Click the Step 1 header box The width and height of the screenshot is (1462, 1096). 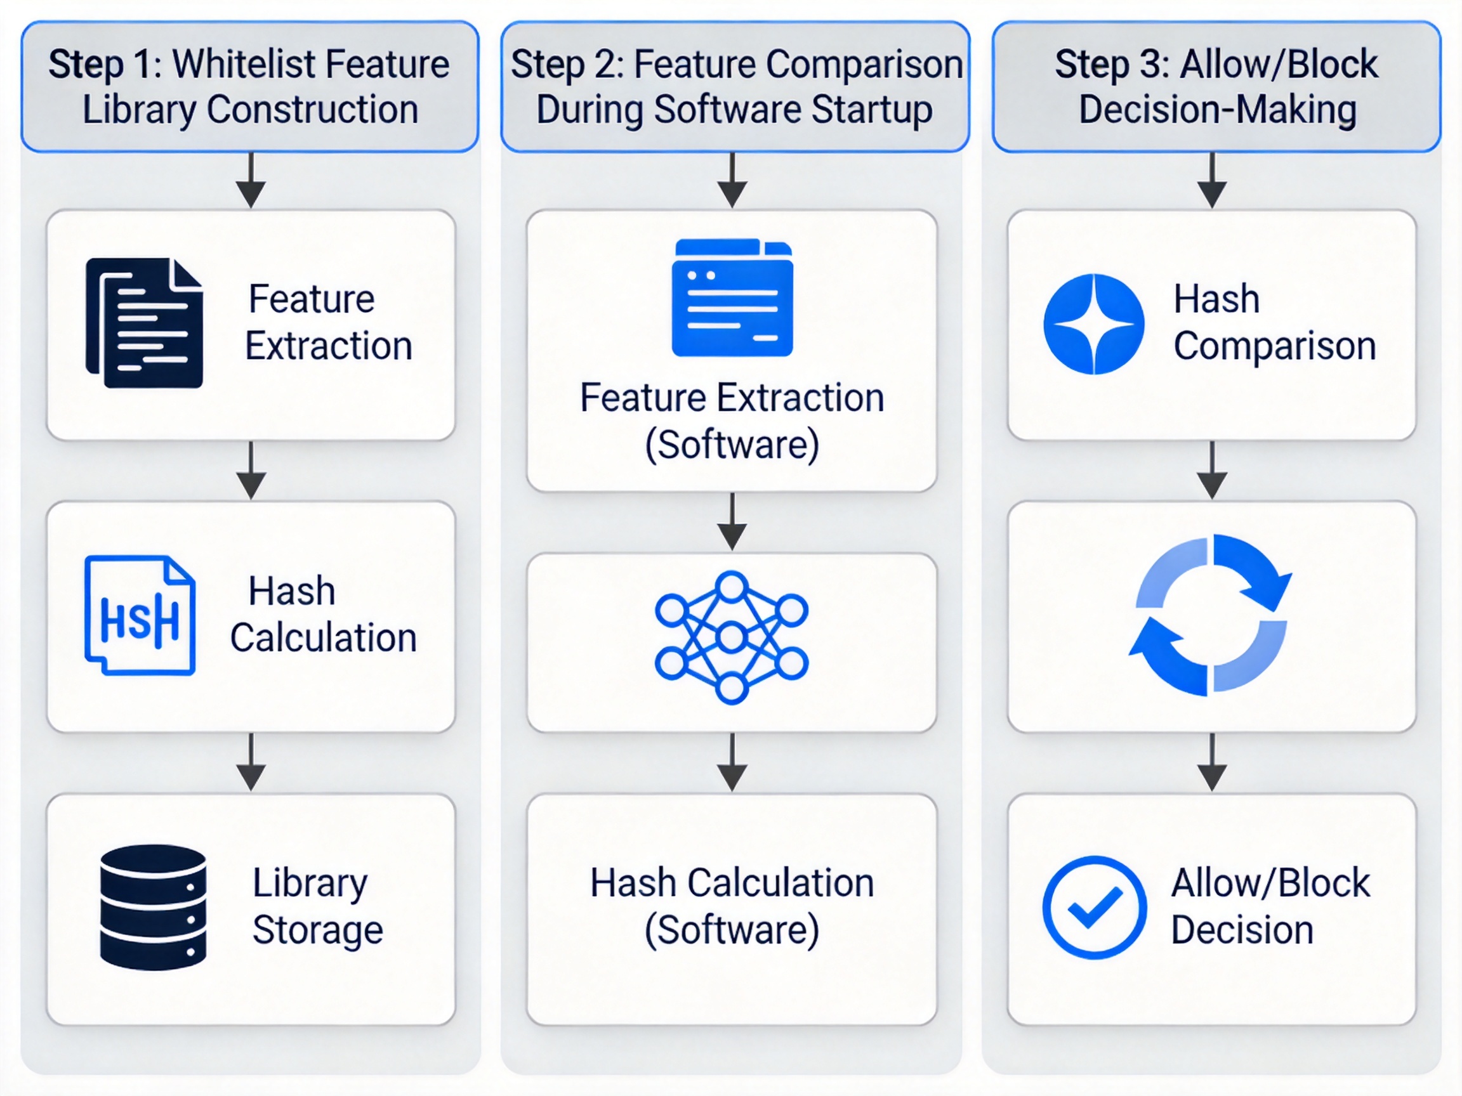250,86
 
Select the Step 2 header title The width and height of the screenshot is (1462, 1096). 735,86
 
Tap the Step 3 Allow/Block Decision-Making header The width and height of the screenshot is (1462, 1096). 1216,86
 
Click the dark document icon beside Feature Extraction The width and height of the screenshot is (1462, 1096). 144,322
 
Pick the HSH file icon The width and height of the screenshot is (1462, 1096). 140,615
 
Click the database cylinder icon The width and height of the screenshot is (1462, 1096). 153,907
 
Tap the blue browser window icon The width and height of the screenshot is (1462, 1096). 732,297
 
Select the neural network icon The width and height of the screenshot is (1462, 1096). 732,637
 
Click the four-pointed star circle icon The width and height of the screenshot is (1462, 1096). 1094,323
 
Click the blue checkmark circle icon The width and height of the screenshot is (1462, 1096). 1095,907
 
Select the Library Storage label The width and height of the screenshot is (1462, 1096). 318,906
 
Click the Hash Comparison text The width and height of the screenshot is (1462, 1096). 1274,322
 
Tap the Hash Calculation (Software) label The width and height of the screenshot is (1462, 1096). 732,906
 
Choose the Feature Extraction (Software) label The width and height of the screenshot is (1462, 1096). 732,421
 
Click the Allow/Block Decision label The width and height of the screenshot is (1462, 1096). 1270,906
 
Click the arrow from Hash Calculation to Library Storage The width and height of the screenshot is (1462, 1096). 251,762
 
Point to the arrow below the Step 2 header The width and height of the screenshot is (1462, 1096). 732,180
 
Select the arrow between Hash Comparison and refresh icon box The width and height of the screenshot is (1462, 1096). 1212,471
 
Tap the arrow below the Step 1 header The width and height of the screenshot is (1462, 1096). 251,180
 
